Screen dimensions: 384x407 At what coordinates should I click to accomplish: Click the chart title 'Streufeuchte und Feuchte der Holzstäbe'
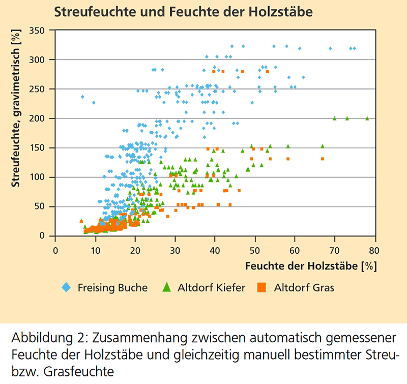click(x=183, y=11)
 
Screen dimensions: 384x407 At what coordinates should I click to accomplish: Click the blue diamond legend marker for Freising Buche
click(x=66, y=288)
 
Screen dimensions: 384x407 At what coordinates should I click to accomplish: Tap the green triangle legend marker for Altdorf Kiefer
click(x=166, y=288)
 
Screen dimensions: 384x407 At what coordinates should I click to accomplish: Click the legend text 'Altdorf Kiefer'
click(x=211, y=288)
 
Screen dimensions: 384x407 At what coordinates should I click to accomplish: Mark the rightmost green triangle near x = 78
click(x=367, y=118)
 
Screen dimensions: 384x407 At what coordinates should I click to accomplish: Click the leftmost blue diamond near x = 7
click(x=82, y=97)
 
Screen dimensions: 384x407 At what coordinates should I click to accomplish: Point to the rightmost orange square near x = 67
click(x=323, y=159)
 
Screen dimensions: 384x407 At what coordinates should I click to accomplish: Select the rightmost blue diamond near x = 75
click(x=354, y=48)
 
